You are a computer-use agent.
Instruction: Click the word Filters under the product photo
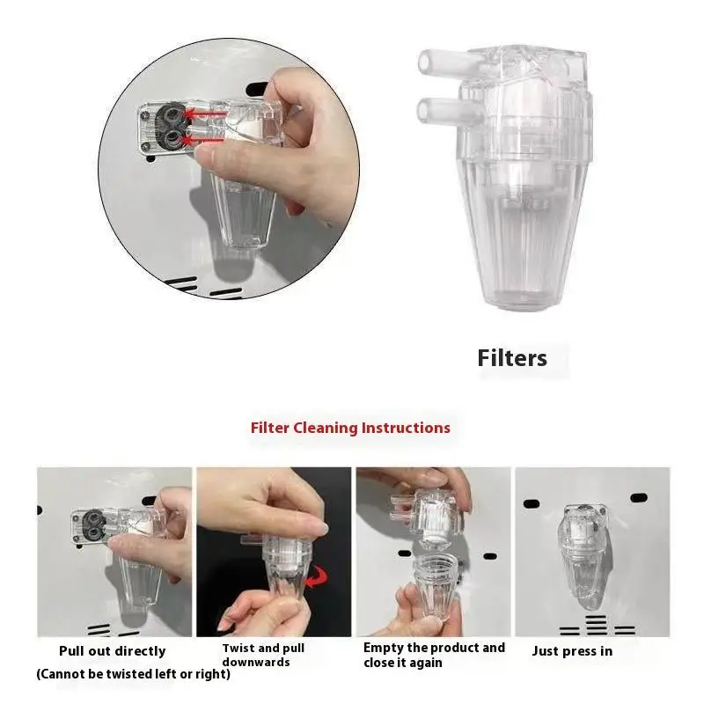pos(512,358)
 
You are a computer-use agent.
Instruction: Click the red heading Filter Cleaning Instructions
pos(350,428)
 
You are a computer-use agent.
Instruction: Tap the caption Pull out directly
pos(112,651)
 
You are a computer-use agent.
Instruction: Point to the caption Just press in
pos(572,651)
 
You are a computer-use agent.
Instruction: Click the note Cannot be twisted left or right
pos(133,674)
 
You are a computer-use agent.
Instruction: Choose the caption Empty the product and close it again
pos(434,655)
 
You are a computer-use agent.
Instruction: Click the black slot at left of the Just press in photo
pos(531,503)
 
